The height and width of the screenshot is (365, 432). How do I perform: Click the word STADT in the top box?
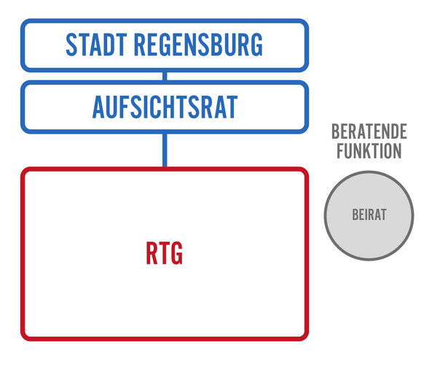[96, 45]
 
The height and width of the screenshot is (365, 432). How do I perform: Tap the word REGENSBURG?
[198, 45]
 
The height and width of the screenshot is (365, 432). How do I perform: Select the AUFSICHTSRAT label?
[165, 107]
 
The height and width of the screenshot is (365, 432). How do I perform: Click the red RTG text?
[164, 253]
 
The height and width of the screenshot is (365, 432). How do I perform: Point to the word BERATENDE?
[369, 131]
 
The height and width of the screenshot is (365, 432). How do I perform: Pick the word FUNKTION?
[369, 151]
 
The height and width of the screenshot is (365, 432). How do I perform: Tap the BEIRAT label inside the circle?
[369, 215]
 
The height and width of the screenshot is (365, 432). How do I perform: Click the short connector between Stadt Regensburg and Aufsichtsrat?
[165, 76]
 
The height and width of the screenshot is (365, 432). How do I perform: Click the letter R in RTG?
[152, 253]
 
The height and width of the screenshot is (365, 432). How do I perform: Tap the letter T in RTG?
[164, 253]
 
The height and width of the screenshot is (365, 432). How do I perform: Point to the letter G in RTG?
[177, 253]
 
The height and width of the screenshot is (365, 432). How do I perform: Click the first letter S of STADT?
[71, 45]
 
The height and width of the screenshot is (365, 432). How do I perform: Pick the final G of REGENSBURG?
[257, 45]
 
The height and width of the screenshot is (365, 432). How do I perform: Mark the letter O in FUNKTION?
[388, 151]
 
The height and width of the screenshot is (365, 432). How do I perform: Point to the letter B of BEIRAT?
[355, 215]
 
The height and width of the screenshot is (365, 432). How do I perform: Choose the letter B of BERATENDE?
[336, 131]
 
